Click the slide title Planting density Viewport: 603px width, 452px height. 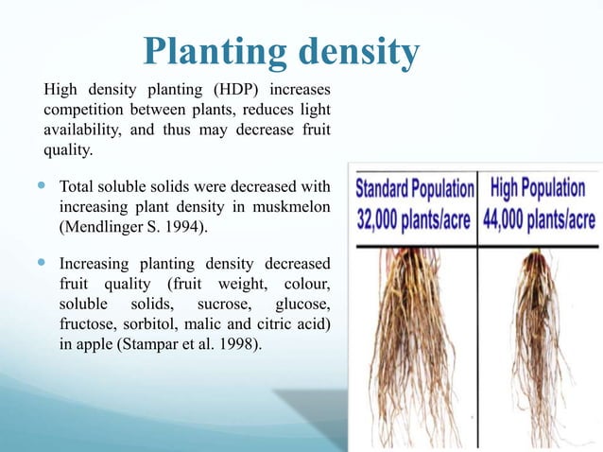(281, 53)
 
